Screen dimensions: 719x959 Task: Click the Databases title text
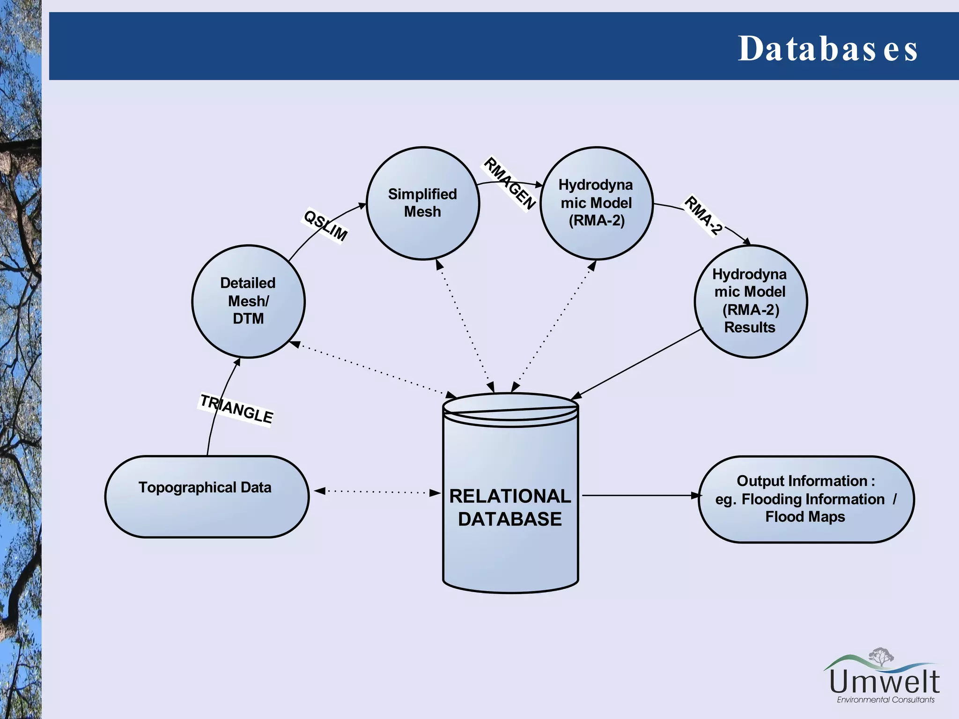pyautogui.click(x=827, y=49)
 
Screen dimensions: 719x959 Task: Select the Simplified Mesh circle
pyautogui.click(x=423, y=203)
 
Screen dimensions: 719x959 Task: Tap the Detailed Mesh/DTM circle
pyautogui.click(x=248, y=301)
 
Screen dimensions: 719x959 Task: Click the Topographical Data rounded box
pyautogui.click(x=207, y=496)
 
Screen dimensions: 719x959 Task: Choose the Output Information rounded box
pyautogui.click(x=806, y=499)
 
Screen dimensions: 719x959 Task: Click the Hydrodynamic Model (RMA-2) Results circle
pyautogui.click(x=750, y=301)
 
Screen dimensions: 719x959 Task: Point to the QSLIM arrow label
pyautogui.click(x=325, y=226)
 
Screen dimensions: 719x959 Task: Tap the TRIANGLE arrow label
pyautogui.click(x=236, y=409)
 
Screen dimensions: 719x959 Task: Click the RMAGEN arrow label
pyautogui.click(x=509, y=183)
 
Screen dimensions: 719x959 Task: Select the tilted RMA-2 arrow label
pyautogui.click(x=703, y=216)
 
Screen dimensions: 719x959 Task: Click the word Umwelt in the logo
pyautogui.click(x=884, y=682)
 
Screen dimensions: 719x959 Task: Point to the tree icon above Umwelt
pyautogui.click(x=881, y=656)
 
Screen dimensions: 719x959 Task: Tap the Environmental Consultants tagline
pyautogui.click(x=885, y=700)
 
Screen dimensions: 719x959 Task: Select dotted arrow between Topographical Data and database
pyautogui.click(x=377, y=492)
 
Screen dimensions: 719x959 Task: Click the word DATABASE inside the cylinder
pyautogui.click(x=510, y=519)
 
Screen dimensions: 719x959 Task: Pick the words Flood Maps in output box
pyautogui.click(x=805, y=517)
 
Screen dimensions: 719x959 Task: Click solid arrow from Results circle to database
pyautogui.click(x=637, y=364)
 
